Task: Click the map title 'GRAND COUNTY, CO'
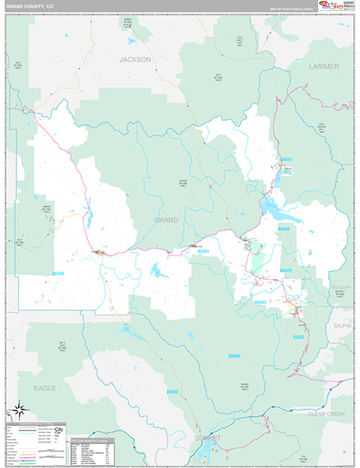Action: (x=33, y=6)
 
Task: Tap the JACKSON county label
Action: (x=135, y=59)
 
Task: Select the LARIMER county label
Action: (x=324, y=67)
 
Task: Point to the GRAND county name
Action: (x=165, y=220)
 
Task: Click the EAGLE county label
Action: (x=45, y=388)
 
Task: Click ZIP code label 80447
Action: (x=286, y=159)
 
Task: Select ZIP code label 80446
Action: (x=283, y=229)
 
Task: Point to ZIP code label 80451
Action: (x=203, y=251)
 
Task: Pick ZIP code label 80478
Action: (x=285, y=271)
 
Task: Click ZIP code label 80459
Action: (x=58, y=274)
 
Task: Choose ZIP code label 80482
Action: (x=298, y=337)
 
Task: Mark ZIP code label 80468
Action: (x=235, y=356)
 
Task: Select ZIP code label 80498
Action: (x=172, y=392)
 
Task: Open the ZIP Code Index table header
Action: (x=90, y=443)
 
